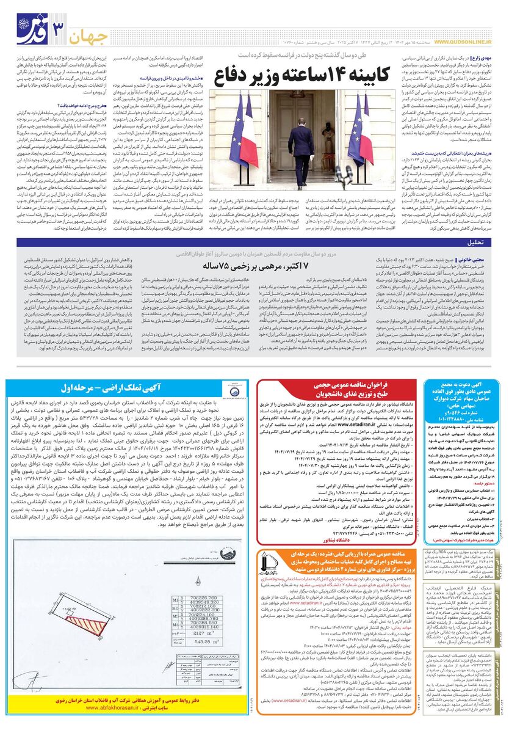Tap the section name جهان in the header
[92, 37]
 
